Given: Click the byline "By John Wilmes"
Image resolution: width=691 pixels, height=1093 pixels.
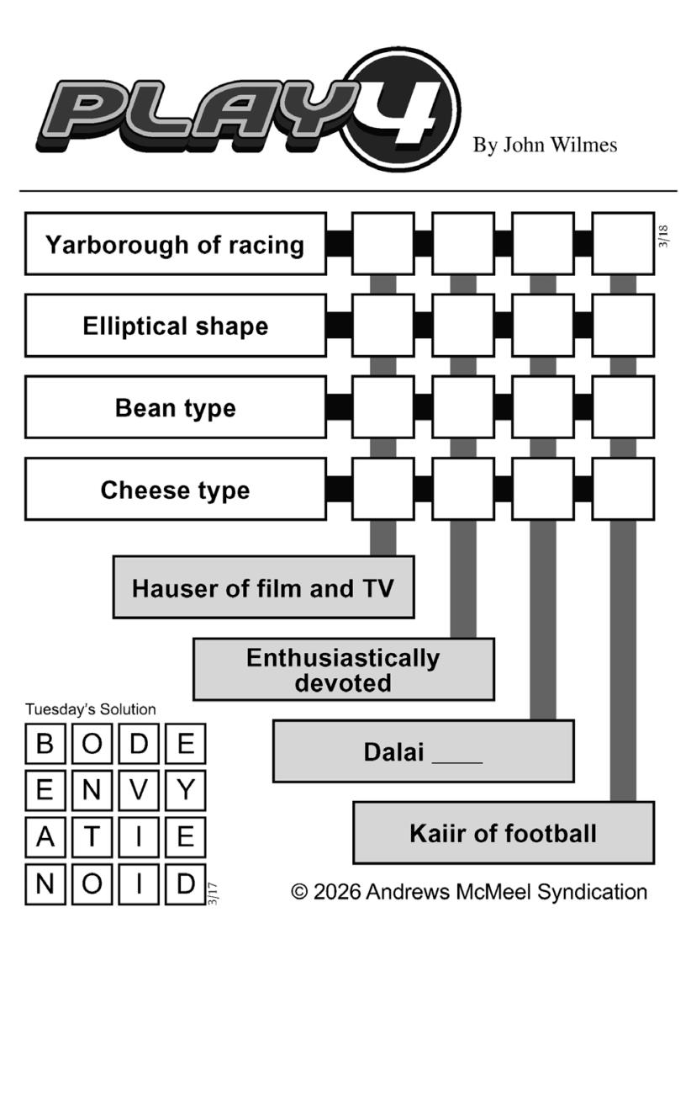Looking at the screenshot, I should pos(545,146).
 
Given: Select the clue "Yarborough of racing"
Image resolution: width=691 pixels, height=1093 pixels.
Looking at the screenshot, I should pos(175,244).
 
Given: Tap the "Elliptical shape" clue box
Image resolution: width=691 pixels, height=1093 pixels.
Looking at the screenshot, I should pos(175,326).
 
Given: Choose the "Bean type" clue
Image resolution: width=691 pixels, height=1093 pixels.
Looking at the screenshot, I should pos(175,408).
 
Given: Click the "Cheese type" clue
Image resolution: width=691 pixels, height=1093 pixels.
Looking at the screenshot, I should pos(175,490).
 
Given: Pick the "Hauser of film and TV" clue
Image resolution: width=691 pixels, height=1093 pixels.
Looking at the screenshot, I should pos(263,587).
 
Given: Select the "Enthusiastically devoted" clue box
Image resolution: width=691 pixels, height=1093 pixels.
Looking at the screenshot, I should pos(343,670).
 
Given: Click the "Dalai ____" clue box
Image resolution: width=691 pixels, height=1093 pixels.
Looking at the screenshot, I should pos(423,751).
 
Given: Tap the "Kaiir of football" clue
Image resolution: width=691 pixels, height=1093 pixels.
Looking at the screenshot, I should pos(503,833).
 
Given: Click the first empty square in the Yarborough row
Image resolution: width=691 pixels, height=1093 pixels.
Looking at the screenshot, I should pos(382,244).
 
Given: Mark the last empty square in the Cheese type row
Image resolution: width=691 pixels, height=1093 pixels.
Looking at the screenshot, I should pos(623,490).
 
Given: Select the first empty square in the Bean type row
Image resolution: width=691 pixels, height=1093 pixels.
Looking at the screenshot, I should pos(382,408).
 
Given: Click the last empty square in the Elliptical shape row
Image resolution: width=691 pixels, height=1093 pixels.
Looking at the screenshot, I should pos(623,326).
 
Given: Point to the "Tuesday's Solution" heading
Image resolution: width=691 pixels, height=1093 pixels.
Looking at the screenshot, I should pos(90,709).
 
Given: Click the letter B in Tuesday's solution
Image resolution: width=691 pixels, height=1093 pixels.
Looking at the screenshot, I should pos(45,745).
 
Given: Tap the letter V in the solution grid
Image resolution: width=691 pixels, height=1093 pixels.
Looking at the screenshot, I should pos(139,791).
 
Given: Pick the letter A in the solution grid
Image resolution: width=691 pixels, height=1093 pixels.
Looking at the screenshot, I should pos(45,837).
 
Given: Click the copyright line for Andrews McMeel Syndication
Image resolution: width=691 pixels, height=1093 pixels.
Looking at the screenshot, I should pos(469,892).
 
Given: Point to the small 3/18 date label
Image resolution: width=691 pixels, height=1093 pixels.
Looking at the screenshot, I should pos(664,236).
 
